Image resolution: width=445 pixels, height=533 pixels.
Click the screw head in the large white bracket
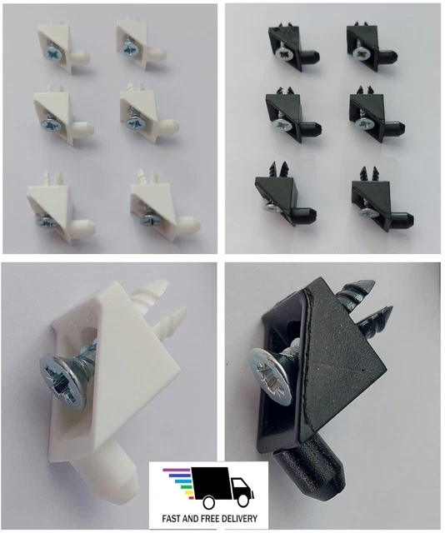tap(63, 381)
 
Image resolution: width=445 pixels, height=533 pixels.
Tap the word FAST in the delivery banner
tap(172, 519)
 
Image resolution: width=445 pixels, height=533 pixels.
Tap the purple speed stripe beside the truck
tap(177, 471)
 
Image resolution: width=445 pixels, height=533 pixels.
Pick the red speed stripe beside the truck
tap(191, 498)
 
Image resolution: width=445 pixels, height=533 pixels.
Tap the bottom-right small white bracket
tap(163, 206)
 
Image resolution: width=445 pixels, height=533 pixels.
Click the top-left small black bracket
tap(292, 47)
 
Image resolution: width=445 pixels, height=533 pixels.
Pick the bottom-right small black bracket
tap(382, 201)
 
